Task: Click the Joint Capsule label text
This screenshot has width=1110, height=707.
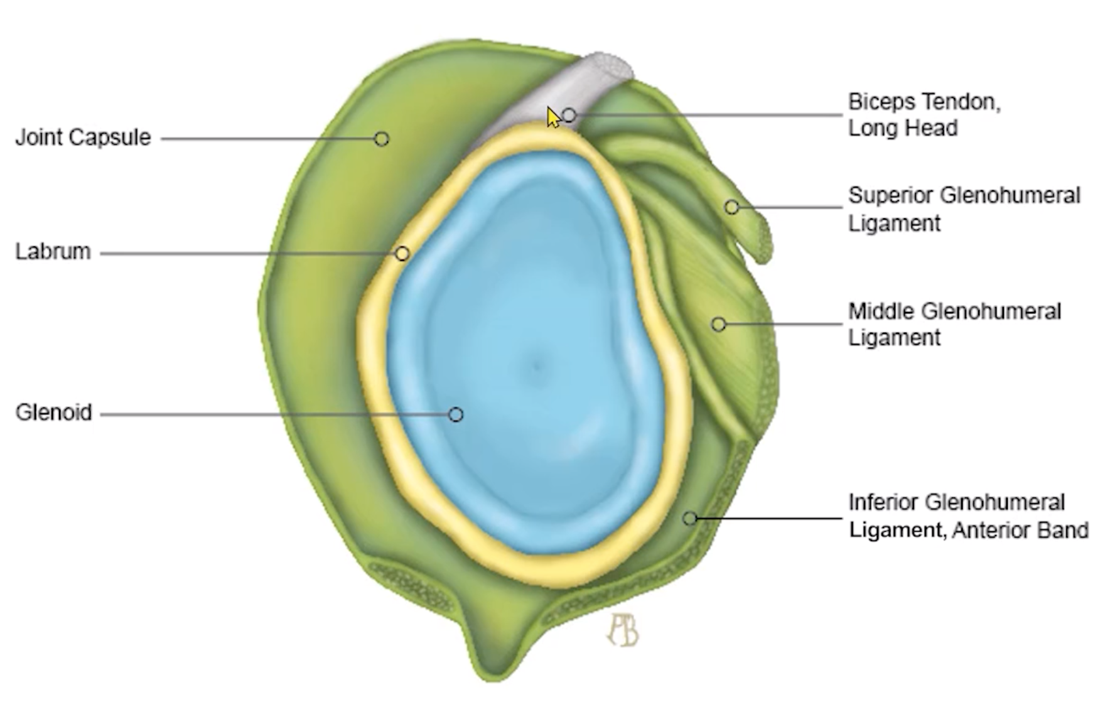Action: tap(83, 138)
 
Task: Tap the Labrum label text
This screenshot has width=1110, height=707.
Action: tap(53, 252)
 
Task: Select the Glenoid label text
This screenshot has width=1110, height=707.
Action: tap(54, 413)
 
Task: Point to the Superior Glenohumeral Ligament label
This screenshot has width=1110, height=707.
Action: tap(964, 208)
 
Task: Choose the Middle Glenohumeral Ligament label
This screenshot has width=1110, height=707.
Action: tap(954, 324)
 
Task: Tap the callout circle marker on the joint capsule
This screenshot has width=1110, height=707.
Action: tap(381, 139)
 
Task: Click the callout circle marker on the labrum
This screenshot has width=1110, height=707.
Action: tap(402, 254)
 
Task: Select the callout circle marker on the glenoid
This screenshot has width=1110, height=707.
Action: tap(456, 414)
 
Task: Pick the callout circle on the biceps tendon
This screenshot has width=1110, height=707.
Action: tap(569, 115)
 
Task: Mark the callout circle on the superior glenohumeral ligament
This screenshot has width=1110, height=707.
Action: tap(731, 207)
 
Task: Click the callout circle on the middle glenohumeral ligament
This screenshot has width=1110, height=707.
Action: tap(719, 324)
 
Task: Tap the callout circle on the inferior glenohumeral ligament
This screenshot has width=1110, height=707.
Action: tap(690, 519)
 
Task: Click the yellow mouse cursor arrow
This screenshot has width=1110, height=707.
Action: tap(552, 117)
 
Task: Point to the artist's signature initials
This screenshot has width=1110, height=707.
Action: tap(623, 630)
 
